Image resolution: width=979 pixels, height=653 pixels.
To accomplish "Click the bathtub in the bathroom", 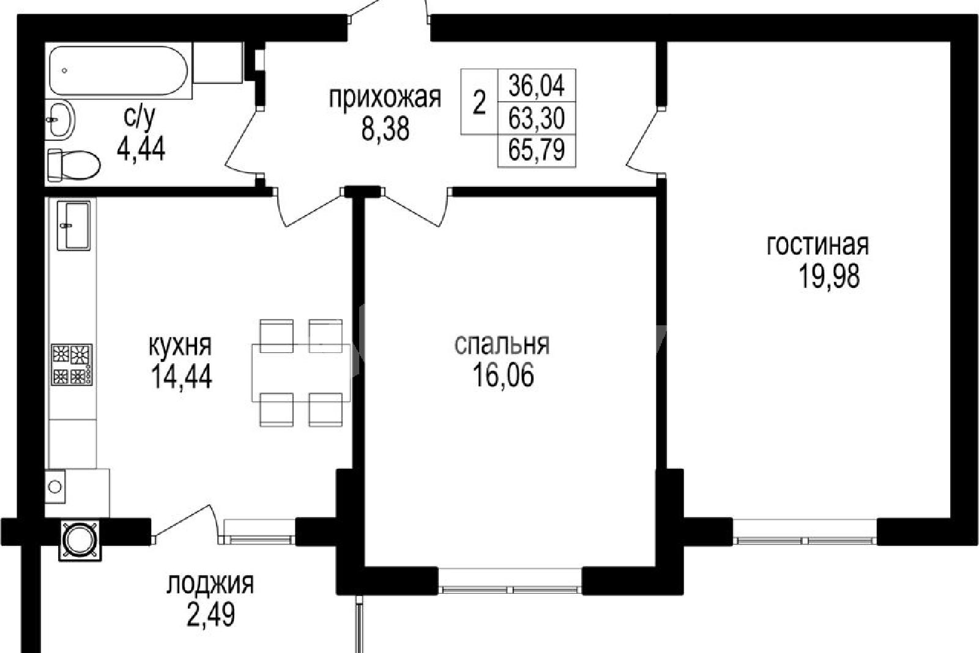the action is coord(119,70).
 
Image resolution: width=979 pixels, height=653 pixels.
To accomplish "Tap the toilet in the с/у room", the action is coord(73,165).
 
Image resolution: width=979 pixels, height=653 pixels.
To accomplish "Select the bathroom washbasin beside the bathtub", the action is coord(60,119).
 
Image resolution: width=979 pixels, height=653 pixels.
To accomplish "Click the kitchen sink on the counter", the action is coord(73,225).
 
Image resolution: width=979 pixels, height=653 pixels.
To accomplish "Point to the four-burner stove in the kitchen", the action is coord(72,364).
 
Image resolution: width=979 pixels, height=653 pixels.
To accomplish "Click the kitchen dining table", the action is coord(300,372).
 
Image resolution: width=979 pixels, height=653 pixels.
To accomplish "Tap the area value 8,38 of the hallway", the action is coord(385,129).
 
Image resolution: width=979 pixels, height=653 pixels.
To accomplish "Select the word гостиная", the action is coord(817,246).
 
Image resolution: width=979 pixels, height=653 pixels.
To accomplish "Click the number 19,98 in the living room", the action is coord(829,277).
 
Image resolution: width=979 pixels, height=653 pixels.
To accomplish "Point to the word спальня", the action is coord(502,345).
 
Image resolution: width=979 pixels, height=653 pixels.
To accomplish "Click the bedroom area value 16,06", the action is coord(503,375).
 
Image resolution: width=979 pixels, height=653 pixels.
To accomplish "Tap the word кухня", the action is coord(180,346).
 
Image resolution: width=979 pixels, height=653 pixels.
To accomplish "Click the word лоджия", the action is coord(210,585).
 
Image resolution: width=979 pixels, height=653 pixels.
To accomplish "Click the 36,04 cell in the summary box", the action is coord(536,85).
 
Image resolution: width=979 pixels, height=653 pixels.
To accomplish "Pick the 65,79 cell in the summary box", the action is coord(536,150).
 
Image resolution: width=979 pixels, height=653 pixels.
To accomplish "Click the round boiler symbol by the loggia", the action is coord(80,540).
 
